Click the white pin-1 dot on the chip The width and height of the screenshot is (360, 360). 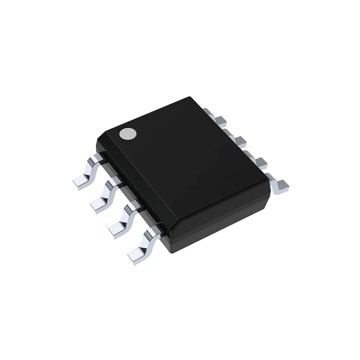(x=128, y=133)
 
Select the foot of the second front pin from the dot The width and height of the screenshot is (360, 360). (x=99, y=205)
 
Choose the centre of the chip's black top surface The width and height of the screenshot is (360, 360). (x=184, y=164)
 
